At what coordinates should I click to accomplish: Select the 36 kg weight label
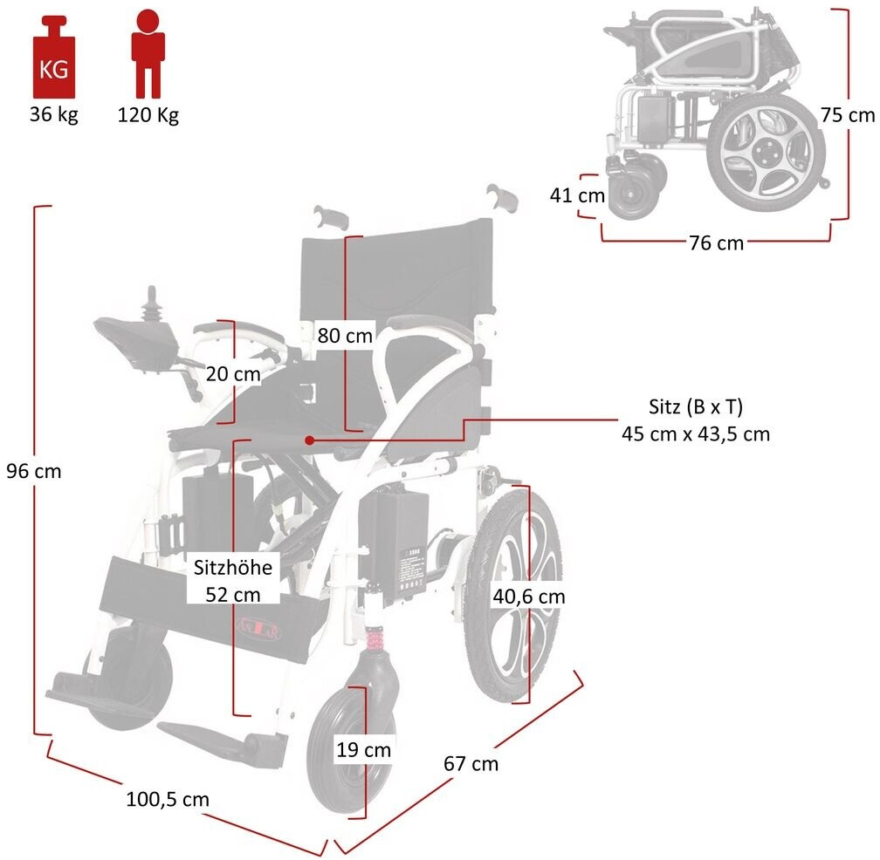click(x=53, y=114)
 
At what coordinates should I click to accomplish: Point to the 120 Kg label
click(x=148, y=115)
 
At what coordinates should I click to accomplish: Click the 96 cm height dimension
click(x=34, y=471)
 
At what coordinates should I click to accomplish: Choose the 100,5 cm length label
click(x=168, y=798)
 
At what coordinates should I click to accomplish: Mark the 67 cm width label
click(x=471, y=763)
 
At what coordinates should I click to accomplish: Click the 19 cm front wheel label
click(x=365, y=749)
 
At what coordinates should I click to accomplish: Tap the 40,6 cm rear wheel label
click(x=528, y=597)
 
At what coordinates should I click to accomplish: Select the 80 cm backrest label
click(x=345, y=335)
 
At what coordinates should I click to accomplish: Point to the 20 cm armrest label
click(x=233, y=373)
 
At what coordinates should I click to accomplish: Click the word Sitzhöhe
click(x=233, y=568)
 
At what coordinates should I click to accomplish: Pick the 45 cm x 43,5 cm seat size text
click(x=696, y=433)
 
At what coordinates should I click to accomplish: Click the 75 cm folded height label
click(x=848, y=114)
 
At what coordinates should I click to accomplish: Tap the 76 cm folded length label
click(x=717, y=243)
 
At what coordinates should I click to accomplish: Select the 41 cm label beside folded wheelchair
click(x=577, y=195)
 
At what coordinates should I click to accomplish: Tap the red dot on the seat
click(x=310, y=440)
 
